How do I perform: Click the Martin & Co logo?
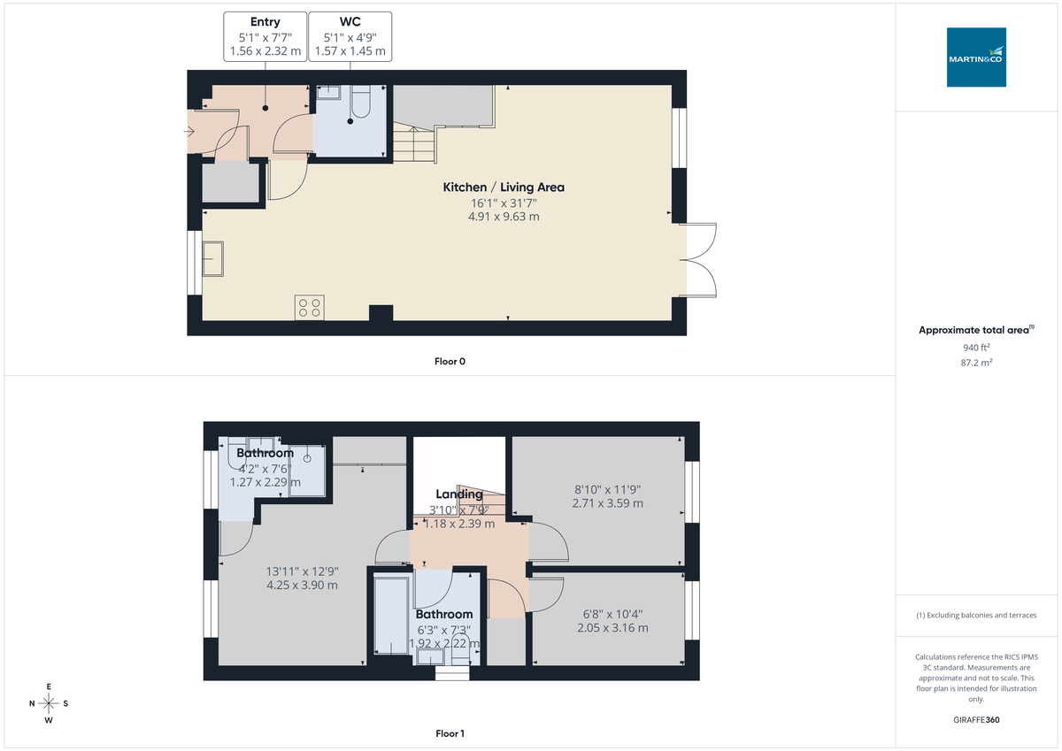[x=976, y=57]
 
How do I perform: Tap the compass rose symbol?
[x=49, y=703]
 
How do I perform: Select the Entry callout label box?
[x=265, y=36]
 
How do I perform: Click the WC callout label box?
[x=350, y=36]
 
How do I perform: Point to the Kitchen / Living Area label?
[x=504, y=188]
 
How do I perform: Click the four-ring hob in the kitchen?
[x=310, y=307]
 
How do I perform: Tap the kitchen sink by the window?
[x=213, y=259]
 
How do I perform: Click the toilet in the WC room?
[x=359, y=105]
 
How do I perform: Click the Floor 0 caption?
[x=450, y=361]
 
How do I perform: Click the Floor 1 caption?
[x=450, y=733]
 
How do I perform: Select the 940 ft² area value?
[x=976, y=348]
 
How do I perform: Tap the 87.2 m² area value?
[x=976, y=363]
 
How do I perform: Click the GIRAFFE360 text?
[x=976, y=720]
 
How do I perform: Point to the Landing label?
[x=459, y=494]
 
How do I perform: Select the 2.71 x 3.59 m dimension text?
[x=607, y=503]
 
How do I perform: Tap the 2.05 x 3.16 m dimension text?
[x=612, y=628]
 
